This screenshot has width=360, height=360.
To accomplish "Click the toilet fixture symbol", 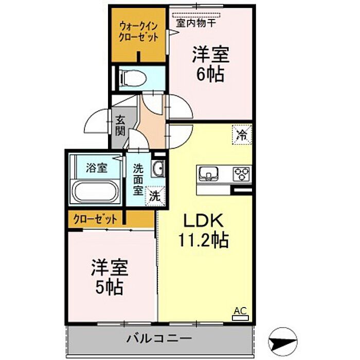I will click(133, 78).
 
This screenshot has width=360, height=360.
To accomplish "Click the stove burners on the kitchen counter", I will click(241, 174).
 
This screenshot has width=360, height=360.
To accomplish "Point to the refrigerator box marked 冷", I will click(241, 135).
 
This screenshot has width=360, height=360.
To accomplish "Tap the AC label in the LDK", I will click(240, 311).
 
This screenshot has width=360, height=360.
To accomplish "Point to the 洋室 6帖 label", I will click(210, 64).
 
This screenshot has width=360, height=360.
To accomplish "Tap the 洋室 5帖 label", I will click(109, 278).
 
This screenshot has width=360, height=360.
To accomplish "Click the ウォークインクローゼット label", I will click(138, 31).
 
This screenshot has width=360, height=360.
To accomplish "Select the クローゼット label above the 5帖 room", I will click(95, 219).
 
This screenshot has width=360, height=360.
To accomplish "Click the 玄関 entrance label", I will click(120, 125).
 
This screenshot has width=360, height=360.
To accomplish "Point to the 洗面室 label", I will click(138, 179).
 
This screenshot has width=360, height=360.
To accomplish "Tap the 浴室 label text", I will click(96, 168).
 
